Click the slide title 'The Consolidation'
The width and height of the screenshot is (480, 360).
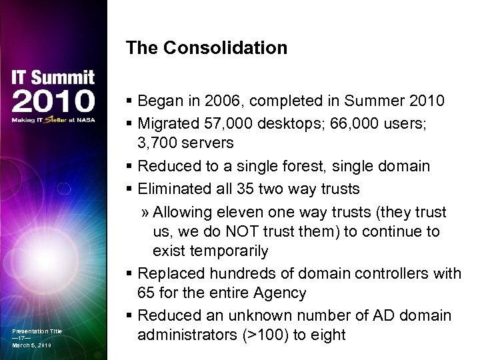206,48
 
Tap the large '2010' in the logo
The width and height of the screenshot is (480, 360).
53,101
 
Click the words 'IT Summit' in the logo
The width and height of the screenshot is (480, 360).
53,78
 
